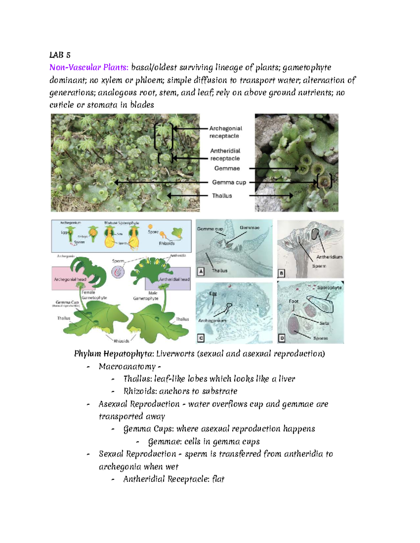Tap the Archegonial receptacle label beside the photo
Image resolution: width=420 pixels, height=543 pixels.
225,132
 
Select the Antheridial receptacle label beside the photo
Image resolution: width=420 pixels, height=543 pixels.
225,155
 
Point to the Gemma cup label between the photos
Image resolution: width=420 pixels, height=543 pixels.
229,182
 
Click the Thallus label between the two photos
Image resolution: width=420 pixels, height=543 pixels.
222,196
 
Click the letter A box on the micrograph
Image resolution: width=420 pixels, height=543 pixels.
201,271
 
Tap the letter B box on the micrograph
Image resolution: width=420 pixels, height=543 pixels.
282,273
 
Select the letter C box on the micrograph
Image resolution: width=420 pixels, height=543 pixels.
201,338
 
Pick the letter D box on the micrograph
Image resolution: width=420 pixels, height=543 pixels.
282,338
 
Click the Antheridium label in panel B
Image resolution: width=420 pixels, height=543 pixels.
329,257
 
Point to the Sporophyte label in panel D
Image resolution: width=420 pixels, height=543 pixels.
329,288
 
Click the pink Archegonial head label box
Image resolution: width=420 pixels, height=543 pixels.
70,279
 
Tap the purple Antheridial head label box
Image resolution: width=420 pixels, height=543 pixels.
174,279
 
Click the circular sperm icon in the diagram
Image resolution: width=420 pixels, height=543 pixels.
118,272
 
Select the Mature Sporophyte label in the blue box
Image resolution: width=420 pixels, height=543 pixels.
121,223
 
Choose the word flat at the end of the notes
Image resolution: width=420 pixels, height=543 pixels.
218,479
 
